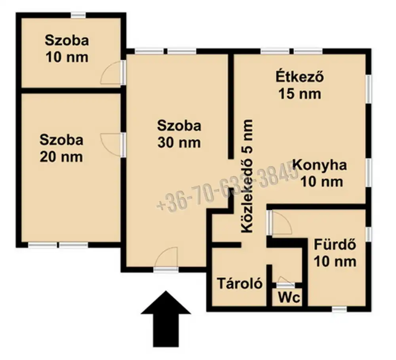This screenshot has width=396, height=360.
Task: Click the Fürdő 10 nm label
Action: (335, 253)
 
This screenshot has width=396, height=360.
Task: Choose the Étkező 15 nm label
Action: (300, 85)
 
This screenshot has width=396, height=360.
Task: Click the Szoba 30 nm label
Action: (179, 134)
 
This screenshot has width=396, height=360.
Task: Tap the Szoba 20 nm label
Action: (61, 148)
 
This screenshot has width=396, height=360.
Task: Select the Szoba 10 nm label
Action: (67, 49)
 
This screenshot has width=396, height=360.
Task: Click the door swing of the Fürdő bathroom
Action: (280, 224)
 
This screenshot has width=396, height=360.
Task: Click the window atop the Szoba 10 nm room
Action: (78, 15)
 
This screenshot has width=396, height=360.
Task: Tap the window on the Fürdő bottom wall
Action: (339, 309)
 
